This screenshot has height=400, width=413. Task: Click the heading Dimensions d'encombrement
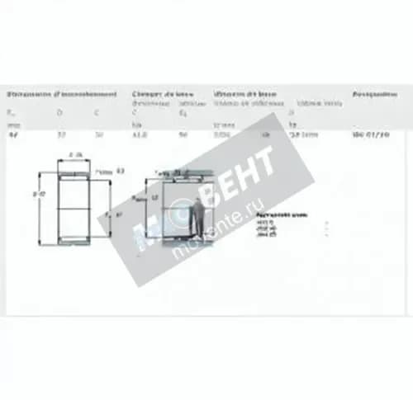[61, 94]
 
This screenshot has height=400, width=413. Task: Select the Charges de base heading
[164, 94]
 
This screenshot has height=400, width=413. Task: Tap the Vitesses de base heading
[245, 94]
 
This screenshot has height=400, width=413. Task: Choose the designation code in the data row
[369, 134]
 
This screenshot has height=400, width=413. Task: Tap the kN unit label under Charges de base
[136, 125]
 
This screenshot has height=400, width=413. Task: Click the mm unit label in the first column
[11, 125]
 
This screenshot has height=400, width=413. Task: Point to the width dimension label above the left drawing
[75, 155]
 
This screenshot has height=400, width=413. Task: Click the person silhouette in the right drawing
[198, 218]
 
